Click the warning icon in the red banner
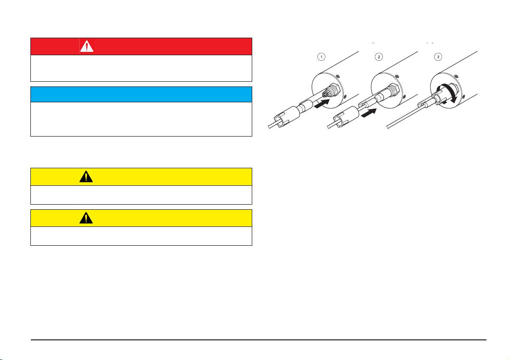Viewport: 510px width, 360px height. (x=86, y=46)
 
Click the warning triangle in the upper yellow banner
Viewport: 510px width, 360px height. (x=86, y=177)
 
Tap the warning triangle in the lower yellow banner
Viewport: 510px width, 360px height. (x=86, y=218)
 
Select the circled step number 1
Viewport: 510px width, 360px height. (x=321, y=57)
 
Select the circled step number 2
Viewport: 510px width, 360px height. (x=379, y=57)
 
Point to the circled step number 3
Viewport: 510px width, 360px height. (x=438, y=57)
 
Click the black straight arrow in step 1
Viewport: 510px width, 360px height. (x=322, y=104)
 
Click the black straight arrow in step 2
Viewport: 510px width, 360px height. (x=369, y=113)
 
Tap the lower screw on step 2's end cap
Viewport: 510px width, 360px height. (x=404, y=96)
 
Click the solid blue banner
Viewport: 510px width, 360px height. (x=141, y=94)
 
